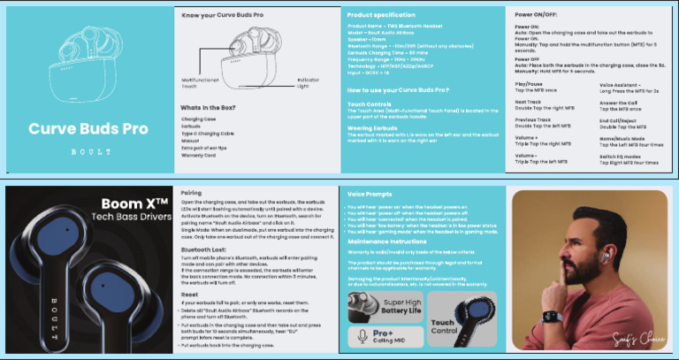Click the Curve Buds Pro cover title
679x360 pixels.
88,128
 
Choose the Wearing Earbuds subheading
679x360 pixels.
372,128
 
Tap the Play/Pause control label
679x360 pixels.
530,84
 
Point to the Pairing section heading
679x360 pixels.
191,192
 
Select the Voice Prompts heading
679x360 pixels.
371,193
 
